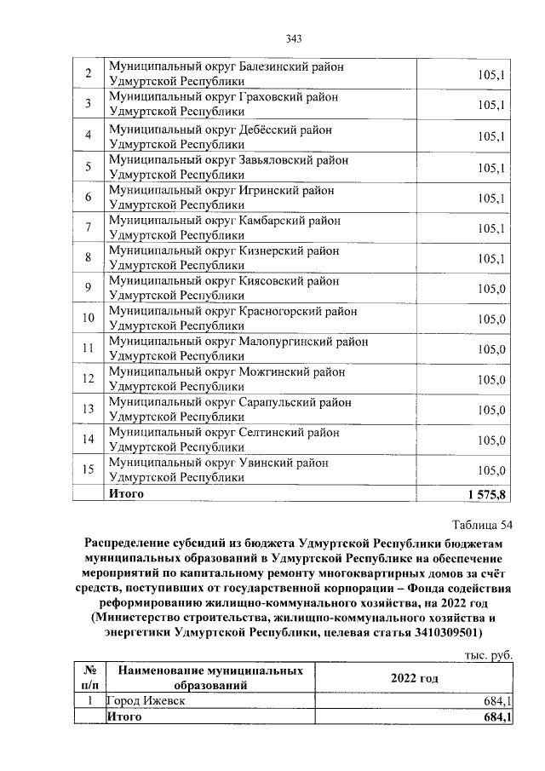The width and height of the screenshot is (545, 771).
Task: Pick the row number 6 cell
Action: pos(88,198)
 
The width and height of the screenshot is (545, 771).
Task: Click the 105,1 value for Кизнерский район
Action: pos(492,258)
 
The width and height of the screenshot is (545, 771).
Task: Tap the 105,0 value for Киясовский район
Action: pos(492,289)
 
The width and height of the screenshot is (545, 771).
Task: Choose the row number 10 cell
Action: pos(88,319)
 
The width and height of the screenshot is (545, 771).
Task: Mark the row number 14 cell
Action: pos(88,440)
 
